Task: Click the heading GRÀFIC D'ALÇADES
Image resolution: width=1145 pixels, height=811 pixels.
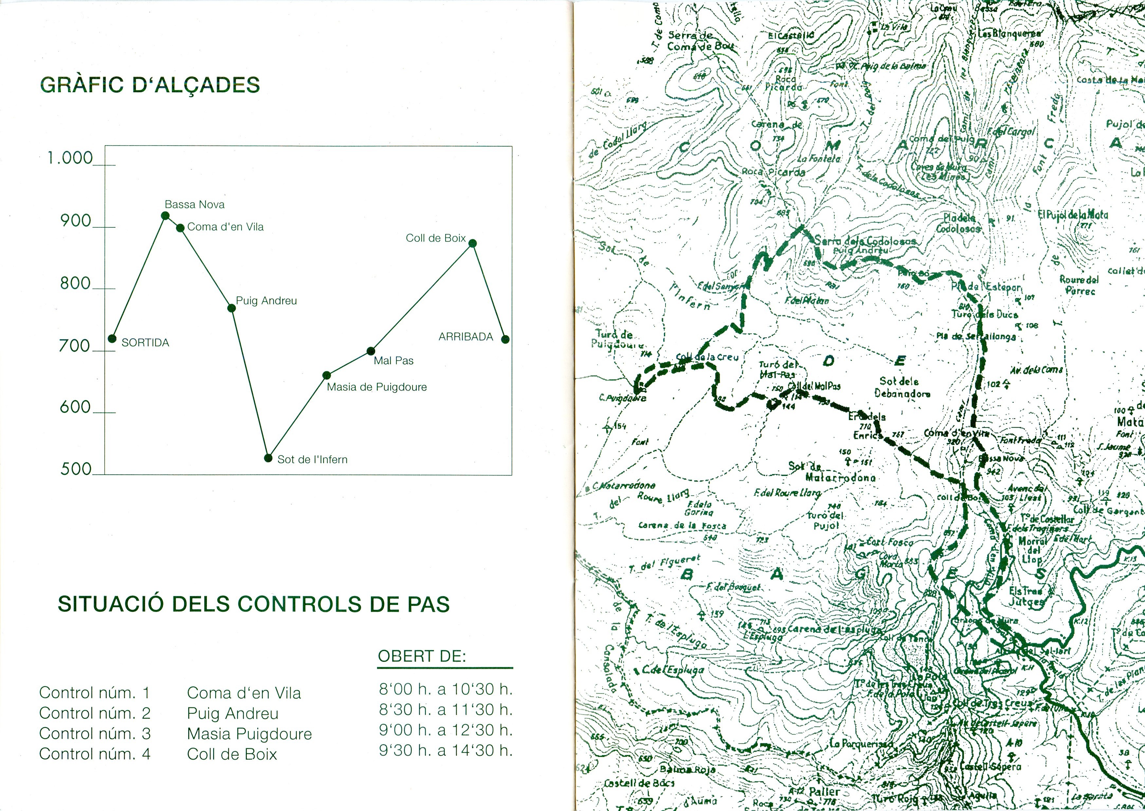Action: tap(150, 85)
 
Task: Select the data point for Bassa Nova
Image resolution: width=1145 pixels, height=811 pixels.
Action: tap(165, 216)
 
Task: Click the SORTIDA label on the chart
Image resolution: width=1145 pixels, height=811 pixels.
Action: tap(145, 343)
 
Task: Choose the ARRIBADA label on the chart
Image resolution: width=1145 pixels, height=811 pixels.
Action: tap(465, 337)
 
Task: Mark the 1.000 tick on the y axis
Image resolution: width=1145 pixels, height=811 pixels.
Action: tap(70, 158)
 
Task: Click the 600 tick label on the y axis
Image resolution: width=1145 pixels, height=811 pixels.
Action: tap(75, 408)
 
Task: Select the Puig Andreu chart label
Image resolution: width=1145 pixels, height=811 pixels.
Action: tap(266, 301)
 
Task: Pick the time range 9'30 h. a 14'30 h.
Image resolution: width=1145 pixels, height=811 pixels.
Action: tap(445, 750)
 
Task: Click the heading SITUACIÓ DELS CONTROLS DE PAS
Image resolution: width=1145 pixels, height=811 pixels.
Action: tap(253, 604)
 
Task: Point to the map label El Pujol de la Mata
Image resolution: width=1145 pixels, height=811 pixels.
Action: tap(1073, 215)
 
